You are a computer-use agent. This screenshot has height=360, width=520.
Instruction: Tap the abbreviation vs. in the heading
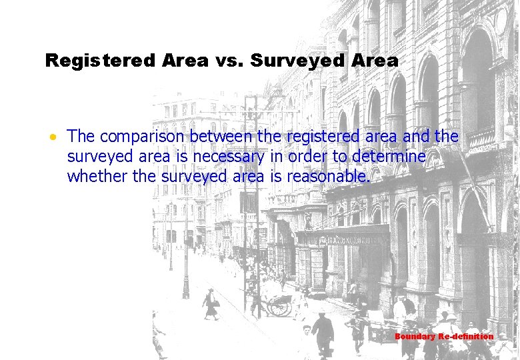[x=230, y=61]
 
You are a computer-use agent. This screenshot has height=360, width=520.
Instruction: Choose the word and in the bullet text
[x=417, y=137]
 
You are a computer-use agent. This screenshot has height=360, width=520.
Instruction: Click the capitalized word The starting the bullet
[x=81, y=137]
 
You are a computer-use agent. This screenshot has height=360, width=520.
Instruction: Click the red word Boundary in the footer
[x=415, y=337]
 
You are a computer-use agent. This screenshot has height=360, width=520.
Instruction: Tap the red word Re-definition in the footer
[x=466, y=337]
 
